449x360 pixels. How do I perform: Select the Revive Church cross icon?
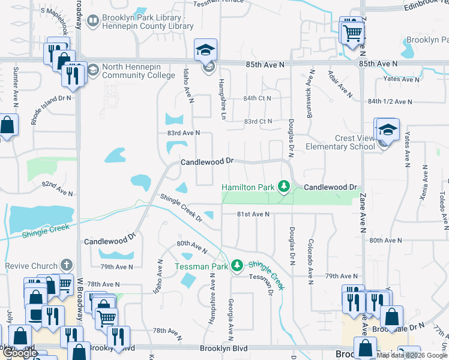[67, 266]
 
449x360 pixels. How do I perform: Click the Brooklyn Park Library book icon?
[94, 22]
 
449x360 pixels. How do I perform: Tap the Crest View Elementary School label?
[340, 142]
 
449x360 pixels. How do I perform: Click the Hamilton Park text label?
[249, 188]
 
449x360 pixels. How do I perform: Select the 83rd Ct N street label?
[258, 121]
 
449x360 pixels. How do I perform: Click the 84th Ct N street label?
[258, 98]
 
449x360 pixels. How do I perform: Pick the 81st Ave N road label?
[253, 214]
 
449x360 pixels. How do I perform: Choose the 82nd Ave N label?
[57, 189]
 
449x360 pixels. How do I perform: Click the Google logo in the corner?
[19, 353]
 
